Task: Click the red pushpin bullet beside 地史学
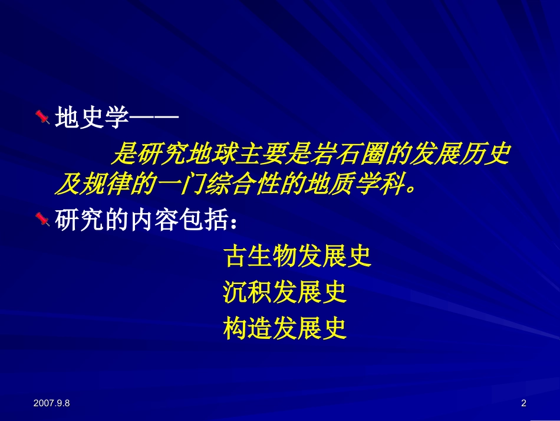click(x=42, y=118)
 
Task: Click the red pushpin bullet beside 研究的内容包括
click(x=42, y=220)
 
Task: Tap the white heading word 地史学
click(x=91, y=119)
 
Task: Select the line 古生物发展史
click(x=297, y=256)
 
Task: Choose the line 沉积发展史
click(x=285, y=292)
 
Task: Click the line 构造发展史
click(x=285, y=328)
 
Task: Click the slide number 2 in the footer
click(x=523, y=403)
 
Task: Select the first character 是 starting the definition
click(x=124, y=155)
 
